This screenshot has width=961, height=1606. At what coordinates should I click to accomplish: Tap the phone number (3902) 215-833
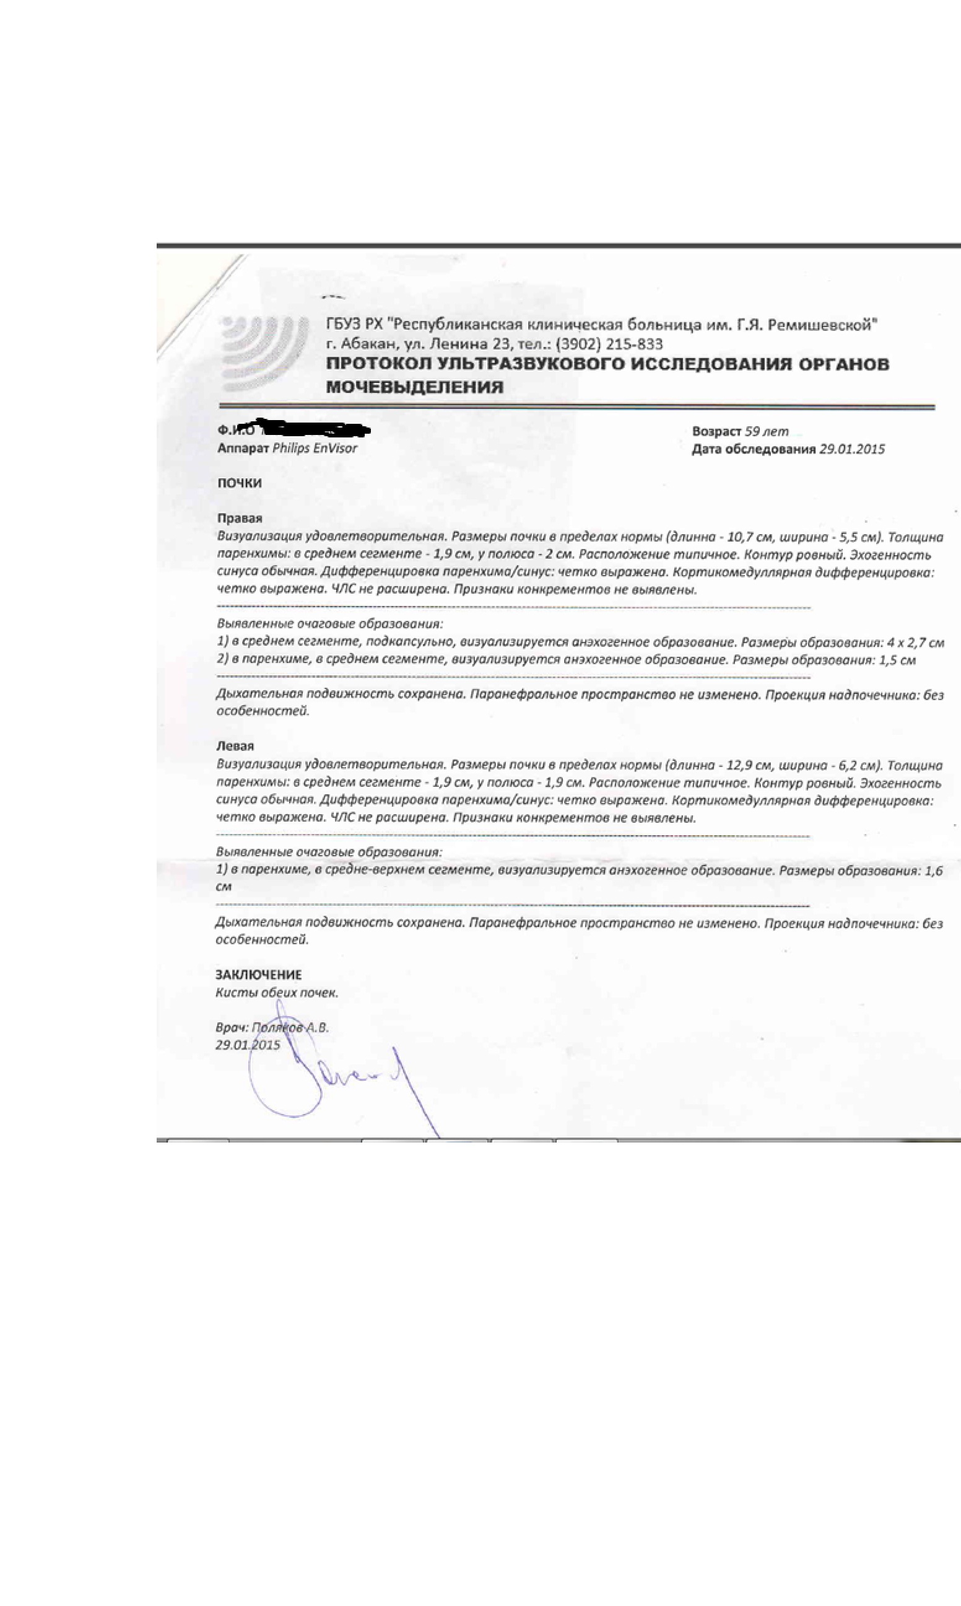[609, 344]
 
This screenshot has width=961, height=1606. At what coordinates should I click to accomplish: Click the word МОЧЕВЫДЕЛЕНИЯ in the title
[414, 387]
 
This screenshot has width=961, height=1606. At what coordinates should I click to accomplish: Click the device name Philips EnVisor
[315, 449]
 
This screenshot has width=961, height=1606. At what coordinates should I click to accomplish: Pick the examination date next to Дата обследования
[852, 449]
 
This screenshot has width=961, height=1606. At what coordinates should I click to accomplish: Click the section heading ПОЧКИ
[240, 483]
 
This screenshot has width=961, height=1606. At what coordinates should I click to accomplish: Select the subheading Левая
[235, 747]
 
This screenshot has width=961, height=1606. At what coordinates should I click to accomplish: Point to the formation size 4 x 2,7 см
[915, 643]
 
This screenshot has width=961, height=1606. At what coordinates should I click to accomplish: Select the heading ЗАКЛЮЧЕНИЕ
[258, 975]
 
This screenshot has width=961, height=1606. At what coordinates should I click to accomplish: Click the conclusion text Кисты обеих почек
[277, 993]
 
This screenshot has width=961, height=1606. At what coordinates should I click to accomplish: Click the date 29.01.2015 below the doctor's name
[248, 1045]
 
